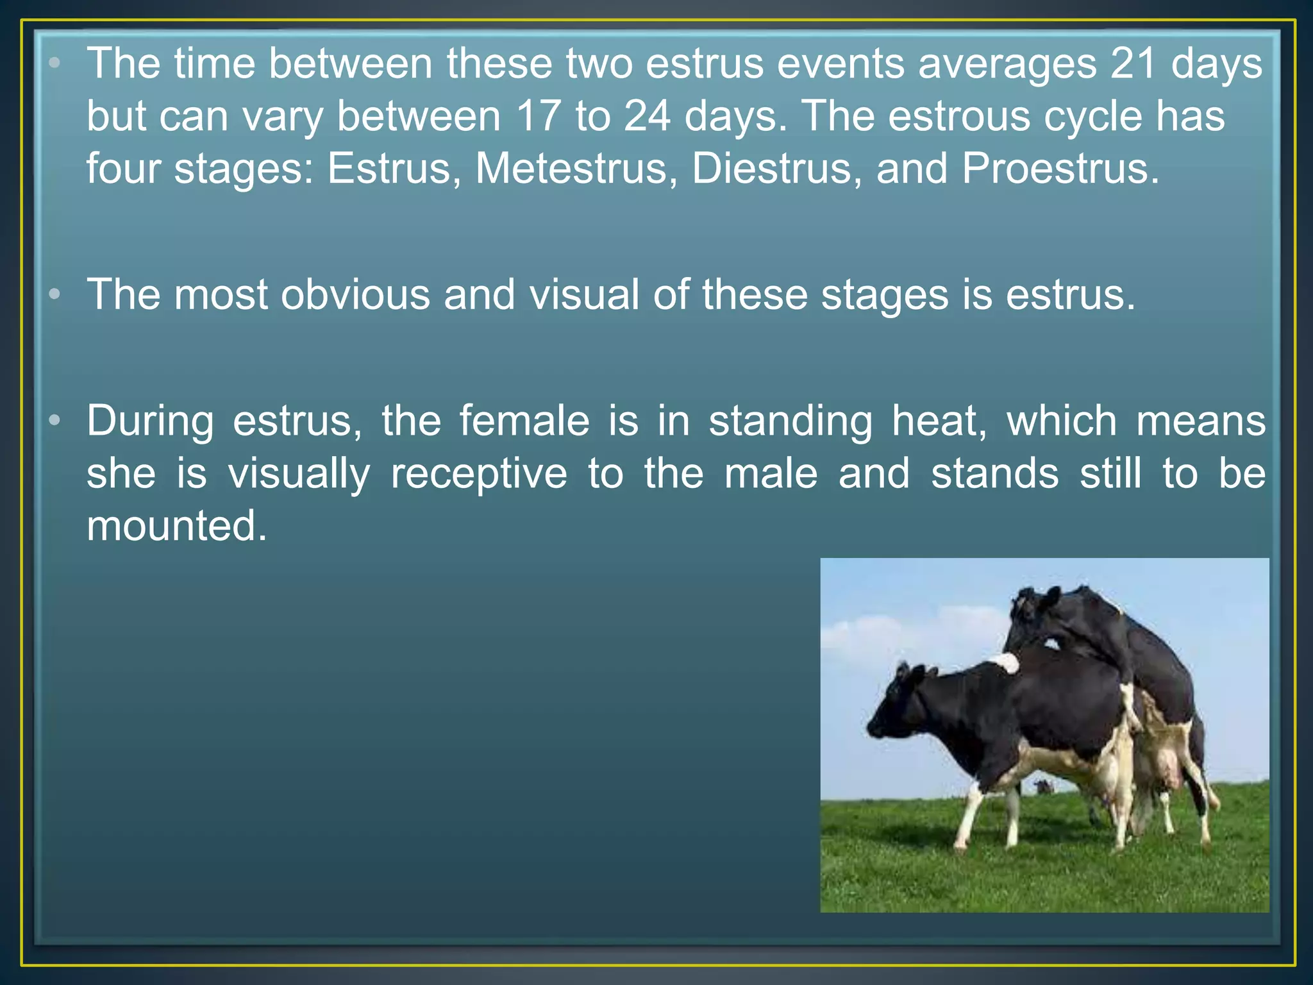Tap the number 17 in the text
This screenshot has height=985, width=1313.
[537, 117]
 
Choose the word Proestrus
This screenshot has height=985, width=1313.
[1060, 169]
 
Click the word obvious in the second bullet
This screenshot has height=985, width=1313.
[355, 295]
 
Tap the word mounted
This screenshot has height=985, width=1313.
[176, 526]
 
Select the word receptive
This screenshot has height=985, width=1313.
[478, 474]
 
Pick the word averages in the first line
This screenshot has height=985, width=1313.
[1007, 64]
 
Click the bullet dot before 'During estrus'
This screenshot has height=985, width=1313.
[55, 421]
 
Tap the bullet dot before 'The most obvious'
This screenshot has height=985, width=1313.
[55, 294]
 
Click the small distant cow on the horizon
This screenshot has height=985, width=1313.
[1043, 787]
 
